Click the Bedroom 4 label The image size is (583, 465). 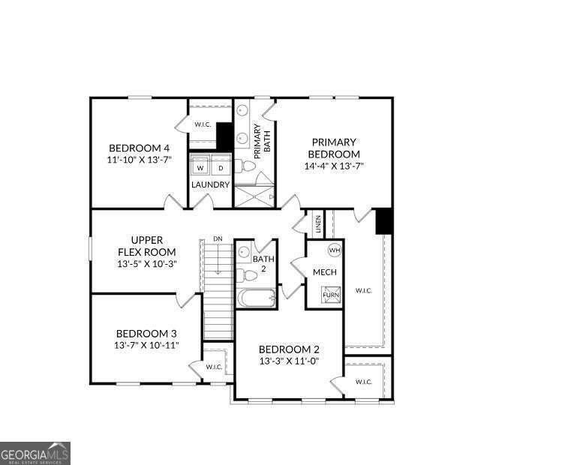tap(139, 148)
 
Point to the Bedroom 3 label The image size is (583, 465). tap(146, 334)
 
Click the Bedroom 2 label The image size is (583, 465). tap(289, 349)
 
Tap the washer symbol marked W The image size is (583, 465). tap(200, 168)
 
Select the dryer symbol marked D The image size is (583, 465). tap(221, 168)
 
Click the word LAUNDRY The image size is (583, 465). tap(210, 185)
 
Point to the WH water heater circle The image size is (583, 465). tap(334, 250)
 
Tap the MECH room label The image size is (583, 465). tap(324, 272)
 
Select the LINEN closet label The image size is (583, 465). tap(318, 224)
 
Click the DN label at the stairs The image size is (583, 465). tap(218, 238)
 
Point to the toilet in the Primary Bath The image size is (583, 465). tap(245, 166)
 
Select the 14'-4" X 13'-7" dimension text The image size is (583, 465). tap(334, 166)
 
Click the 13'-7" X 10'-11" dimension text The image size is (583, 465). tap(146, 345)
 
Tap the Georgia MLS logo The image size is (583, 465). tap(35, 453)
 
